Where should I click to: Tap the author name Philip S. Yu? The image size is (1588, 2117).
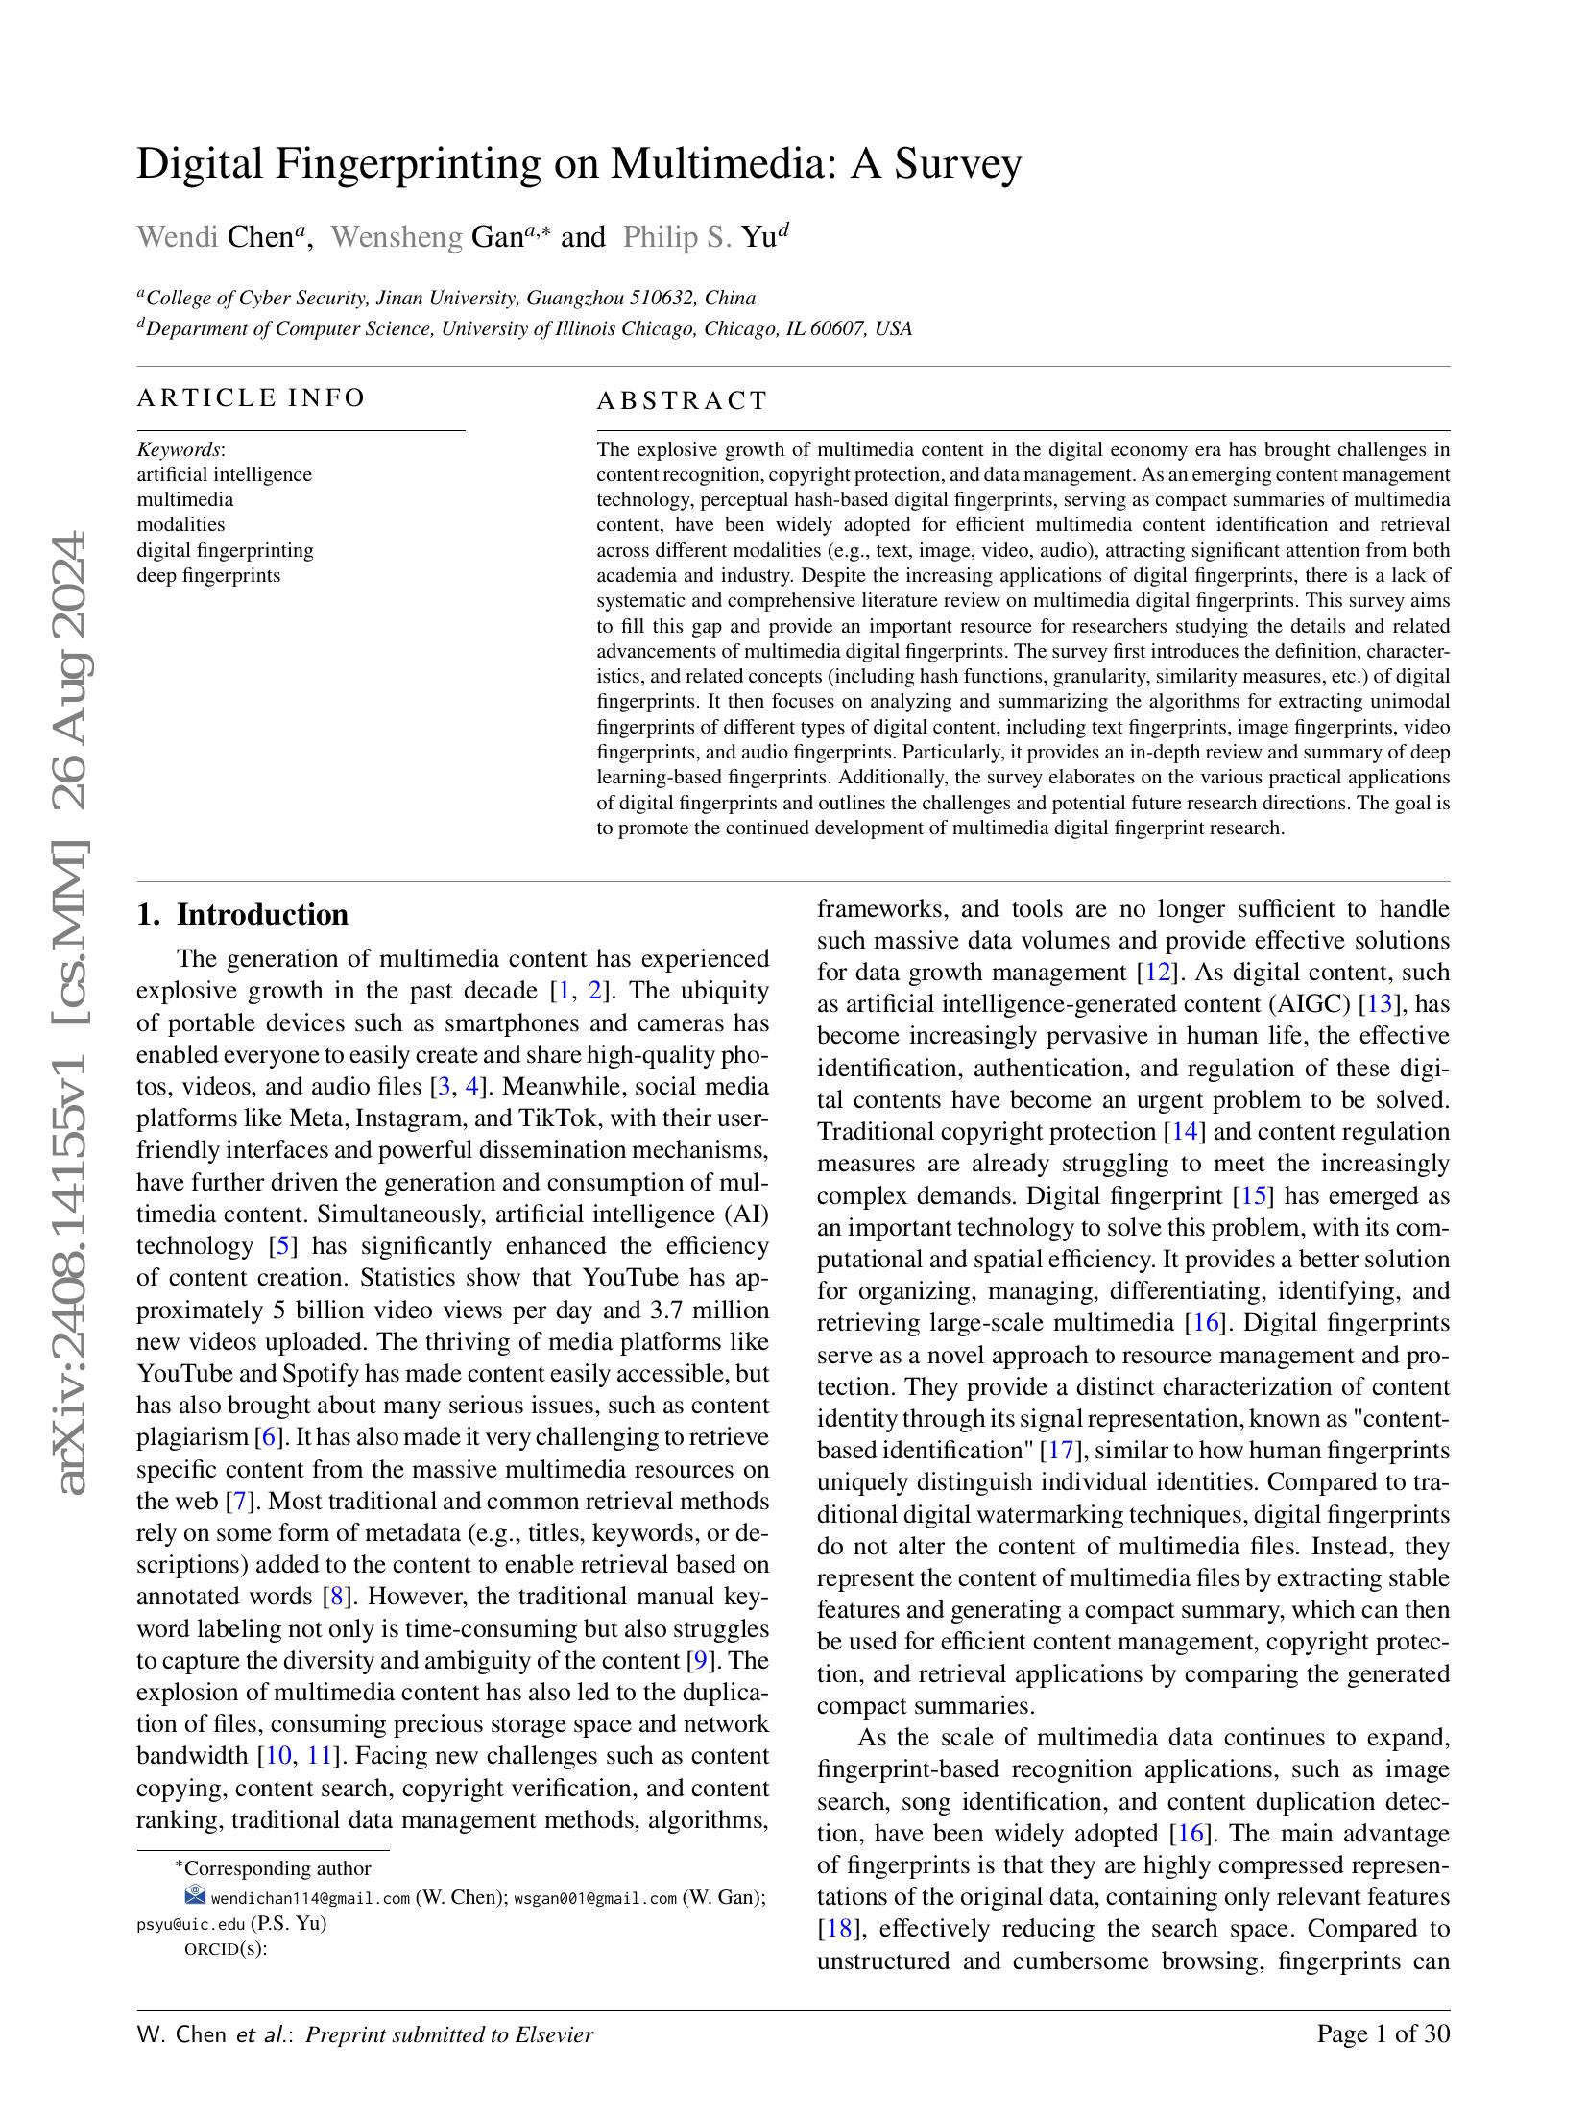(x=701, y=237)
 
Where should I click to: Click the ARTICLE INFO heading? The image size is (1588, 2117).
(x=251, y=397)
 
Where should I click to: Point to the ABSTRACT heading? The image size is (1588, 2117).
(x=682, y=400)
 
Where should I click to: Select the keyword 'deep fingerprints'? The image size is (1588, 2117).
(x=208, y=575)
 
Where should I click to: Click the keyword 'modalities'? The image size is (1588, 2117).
(x=180, y=524)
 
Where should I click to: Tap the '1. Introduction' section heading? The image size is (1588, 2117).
(x=242, y=914)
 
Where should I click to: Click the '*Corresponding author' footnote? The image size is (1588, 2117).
(x=273, y=1868)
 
